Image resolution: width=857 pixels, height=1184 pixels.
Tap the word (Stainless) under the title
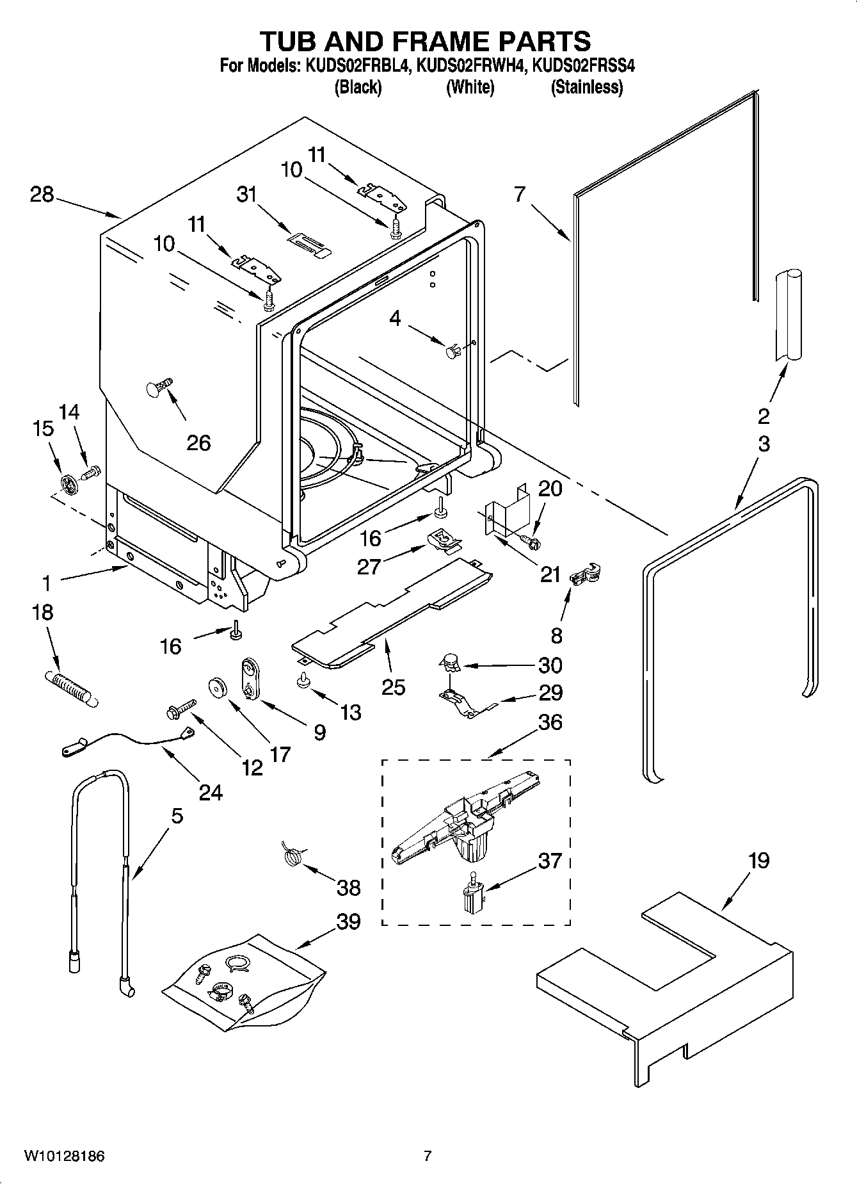(x=587, y=87)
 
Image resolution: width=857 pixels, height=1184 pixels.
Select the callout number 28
(x=42, y=194)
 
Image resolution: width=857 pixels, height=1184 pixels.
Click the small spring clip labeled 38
(x=292, y=856)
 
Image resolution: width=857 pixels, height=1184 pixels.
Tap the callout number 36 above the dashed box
(x=550, y=722)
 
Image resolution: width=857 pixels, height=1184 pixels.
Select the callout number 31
(x=246, y=195)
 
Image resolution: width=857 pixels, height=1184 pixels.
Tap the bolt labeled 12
(x=180, y=708)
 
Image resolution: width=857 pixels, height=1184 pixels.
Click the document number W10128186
(x=64, y=1156)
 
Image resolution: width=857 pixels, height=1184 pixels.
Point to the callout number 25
(x=393, y=687)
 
